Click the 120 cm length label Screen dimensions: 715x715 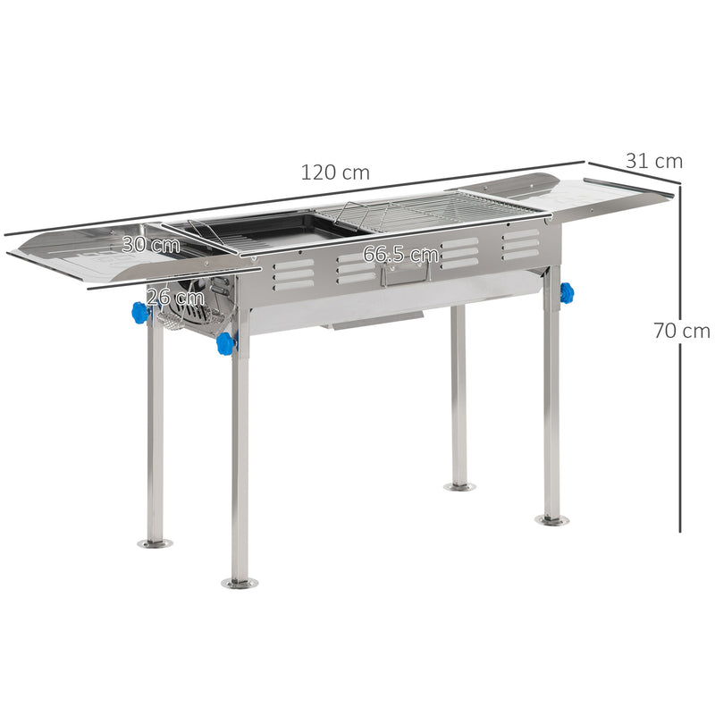click(334, 172)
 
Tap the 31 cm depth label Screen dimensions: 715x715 click(653, 162)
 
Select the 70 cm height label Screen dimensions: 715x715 click(681, 331)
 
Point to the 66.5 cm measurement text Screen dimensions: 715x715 click(400, 255)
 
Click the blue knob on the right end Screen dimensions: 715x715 click(567, 292)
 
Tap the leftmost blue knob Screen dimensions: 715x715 click(140, 312)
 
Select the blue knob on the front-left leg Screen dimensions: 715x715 click(225, 342)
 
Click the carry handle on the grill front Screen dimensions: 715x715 click(404, 272)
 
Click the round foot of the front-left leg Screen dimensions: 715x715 click(240, 583)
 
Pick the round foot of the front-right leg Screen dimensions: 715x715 click(551, 519)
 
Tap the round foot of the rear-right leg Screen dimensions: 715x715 click(459, 486)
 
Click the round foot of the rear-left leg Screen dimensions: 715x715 click(156, 543)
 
